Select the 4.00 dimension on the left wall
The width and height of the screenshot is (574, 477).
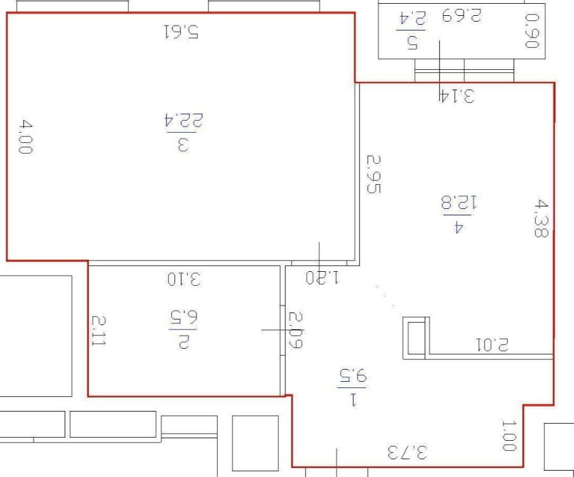pyautogui.click(x=26, y=137)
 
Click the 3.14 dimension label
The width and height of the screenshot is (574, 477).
pyautogui.click(x=456, y=97)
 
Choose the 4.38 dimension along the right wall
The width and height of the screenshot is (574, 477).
pyautogui.click(x=541, y=218)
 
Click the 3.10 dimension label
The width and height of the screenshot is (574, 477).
pyautogui.click(x=184, y=278)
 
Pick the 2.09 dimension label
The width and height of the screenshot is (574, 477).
pyautogui.click(x=296, y=330)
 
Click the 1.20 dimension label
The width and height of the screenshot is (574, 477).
pyautogui.click(x=323, y=278)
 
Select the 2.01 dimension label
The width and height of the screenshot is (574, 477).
pyautogui.click(x=492, y=345)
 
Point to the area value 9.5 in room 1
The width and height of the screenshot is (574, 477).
pyautogui.click(x=352, y=375)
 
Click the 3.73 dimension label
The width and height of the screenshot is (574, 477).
pyautogui.click(x=408, y=453)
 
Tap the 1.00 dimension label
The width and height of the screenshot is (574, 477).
pyautogui.click(x=509, y=436)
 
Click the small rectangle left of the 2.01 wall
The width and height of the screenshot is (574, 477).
pyautogui.click(x=416, y=337)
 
